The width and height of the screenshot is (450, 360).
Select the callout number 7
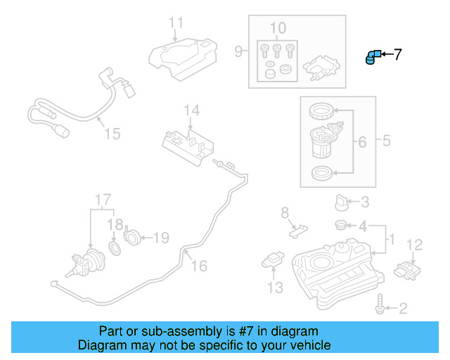click(397, 54)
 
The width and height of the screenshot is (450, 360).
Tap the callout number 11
click(176, 23)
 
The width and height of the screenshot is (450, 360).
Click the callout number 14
click(192, 110)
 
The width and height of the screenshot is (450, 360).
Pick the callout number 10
click(278, 28)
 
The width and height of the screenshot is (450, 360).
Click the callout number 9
click(238, 51)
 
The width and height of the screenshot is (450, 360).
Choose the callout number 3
click(364, 203)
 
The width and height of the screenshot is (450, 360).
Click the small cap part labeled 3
click(342, 203)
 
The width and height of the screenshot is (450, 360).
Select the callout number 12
click(415, 245)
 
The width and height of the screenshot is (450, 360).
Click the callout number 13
click(274, 288)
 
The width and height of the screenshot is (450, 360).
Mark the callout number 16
click(199, 266)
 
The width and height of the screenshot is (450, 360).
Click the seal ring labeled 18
click(115, 250)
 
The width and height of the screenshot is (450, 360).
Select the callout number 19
click(161, 238)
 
